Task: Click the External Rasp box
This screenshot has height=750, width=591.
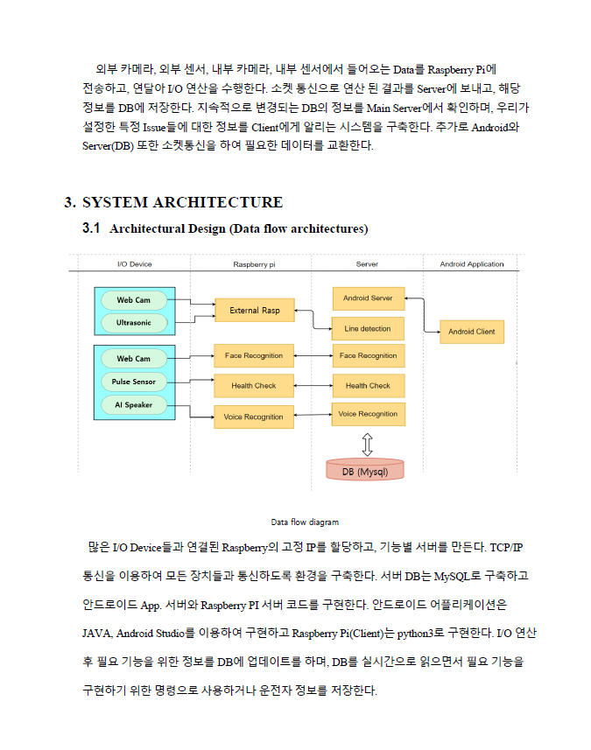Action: tap(255, 311)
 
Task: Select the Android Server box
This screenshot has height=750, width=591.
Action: tap(368, 298)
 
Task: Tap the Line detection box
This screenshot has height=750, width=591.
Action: tap(368, 329)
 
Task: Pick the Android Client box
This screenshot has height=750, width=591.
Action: tap(472, 332)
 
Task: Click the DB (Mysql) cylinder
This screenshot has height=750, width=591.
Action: tap(366, 471)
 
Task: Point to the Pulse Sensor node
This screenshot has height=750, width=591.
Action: tap(134, 382)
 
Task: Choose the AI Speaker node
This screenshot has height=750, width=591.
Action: tap(134, 405)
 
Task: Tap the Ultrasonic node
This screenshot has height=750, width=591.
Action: tap(134, 323)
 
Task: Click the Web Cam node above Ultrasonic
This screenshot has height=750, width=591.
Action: tap(134, 300)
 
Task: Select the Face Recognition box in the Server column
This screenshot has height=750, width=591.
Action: tap(368, 356)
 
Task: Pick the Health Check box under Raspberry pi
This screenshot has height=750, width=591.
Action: tap(254, 386)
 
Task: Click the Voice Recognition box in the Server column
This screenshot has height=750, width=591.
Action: tap(368, 414)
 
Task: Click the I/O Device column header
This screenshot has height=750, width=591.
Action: tap(135, 263)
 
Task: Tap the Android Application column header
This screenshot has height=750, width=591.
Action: tap(471, 263)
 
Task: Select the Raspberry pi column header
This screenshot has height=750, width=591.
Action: tap(254, 263)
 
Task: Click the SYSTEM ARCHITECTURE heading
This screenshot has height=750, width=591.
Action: tap(182, 203)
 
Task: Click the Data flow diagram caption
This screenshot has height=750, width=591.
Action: tap(304, 522)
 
